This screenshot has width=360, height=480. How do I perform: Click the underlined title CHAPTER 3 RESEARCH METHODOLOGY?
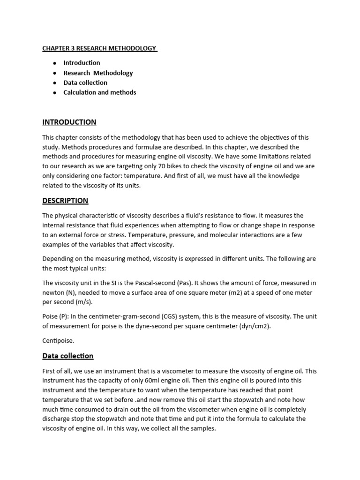click(x=99, y=48)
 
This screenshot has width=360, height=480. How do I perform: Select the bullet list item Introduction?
click(x=82, y=63)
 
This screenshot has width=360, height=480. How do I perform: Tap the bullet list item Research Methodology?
click(x=98, y=73)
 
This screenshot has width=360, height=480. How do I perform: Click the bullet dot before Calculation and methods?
click(x=55, y=93)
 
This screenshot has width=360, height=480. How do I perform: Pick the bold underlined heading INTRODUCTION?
click(x=69, y=122)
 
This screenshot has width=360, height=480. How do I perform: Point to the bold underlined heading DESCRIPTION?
click(x=65, y=201)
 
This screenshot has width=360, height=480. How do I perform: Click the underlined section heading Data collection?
click(x=67, y=356)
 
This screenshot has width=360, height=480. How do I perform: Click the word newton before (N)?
click(x=54, y=292)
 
